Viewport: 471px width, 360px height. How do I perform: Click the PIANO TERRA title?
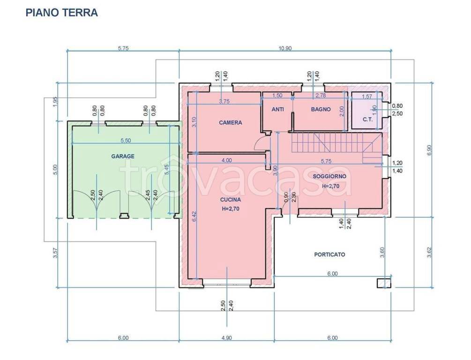click(x=61, y=13)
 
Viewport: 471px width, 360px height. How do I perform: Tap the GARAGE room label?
click(x=123, y=156)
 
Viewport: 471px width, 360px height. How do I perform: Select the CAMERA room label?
click(x=231, y=123)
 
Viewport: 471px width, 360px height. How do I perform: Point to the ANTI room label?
click(x=278, y=109)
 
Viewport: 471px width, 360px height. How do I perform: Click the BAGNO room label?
click(x=321, y=109)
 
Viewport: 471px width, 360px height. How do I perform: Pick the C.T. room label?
click(x=368, y=120)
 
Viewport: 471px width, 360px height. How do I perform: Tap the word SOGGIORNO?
click(x=329, y=176)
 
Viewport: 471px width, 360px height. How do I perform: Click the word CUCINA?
click(x=231, y=200)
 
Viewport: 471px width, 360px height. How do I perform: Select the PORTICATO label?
click(x=329, y=255)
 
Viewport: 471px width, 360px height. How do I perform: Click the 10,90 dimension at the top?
click(x=285, y=48)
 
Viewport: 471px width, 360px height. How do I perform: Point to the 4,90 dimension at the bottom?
click(x=227, y=338)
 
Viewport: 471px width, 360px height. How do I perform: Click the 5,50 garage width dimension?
click(x=126, y=140)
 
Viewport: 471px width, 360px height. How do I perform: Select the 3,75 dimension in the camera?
click(x=224, y=102)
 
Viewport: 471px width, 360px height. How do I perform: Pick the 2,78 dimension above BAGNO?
click(x=321, y=96)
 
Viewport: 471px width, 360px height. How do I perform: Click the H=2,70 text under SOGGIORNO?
click(x=330, y=186)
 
